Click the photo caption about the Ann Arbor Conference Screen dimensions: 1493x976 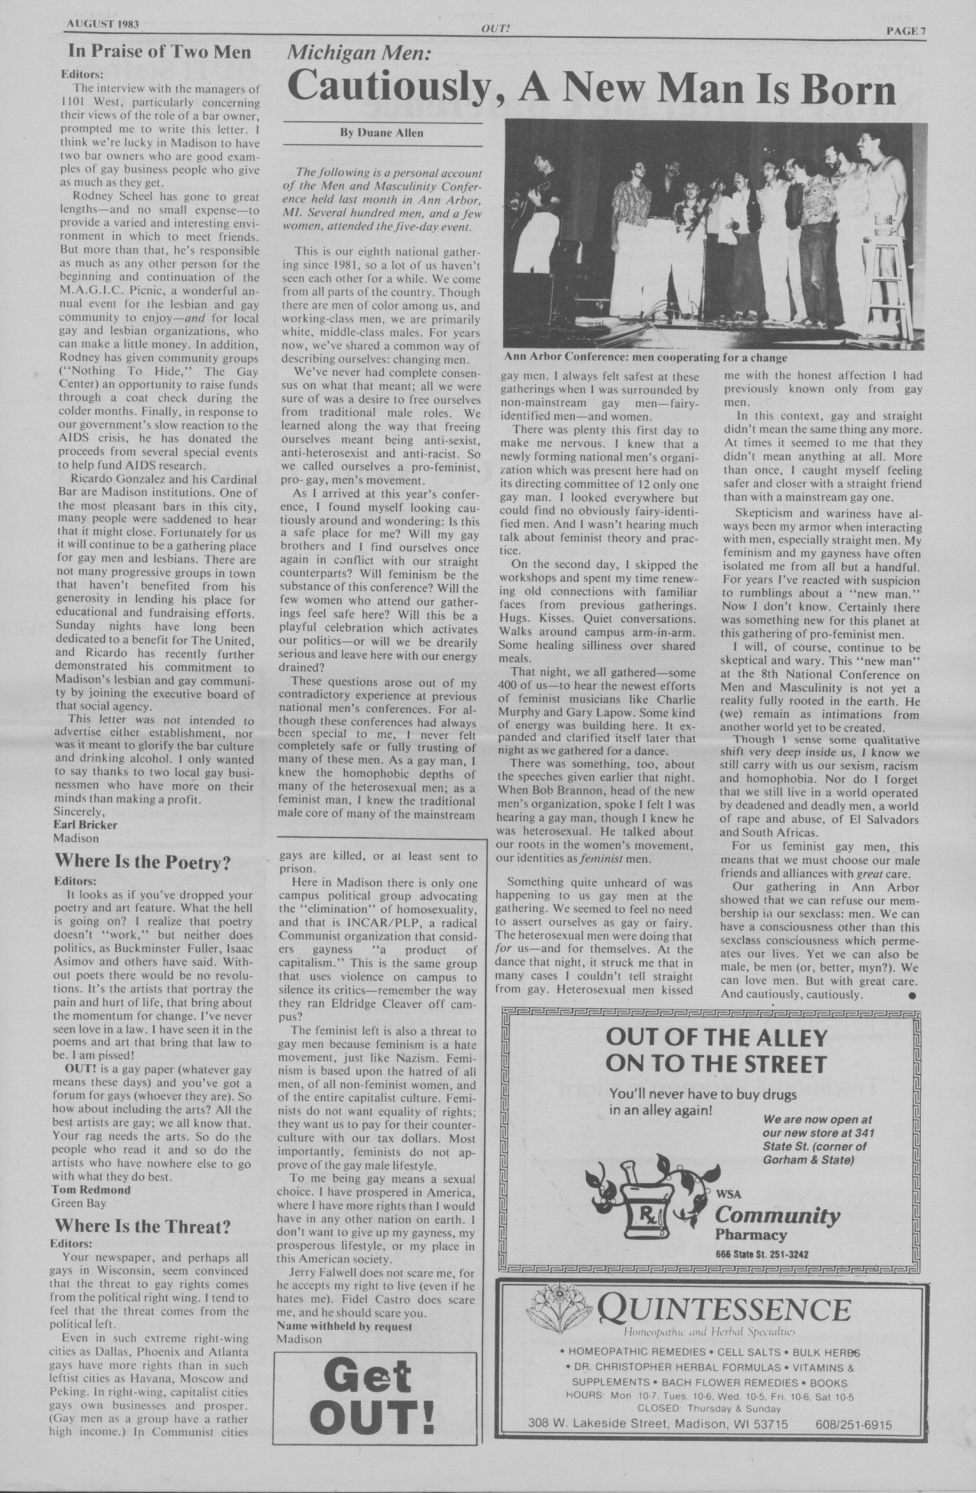pos(645,357)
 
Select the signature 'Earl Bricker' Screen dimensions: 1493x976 pos(85,824)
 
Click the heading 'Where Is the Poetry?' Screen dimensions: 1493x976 pos(142,863)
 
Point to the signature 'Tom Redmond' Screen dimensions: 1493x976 pos(91,1189)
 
